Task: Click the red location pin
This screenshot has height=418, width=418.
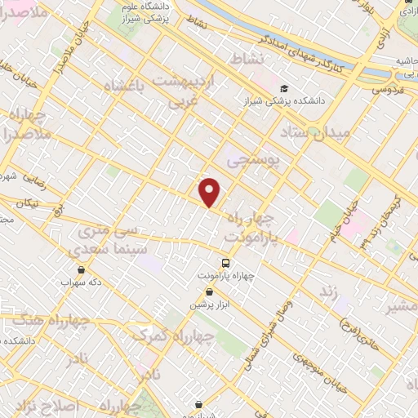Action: pos(210,191)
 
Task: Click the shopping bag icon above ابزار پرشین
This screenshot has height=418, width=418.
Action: pos(210,291)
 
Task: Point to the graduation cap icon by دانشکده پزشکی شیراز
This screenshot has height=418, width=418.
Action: pos(283,88)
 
